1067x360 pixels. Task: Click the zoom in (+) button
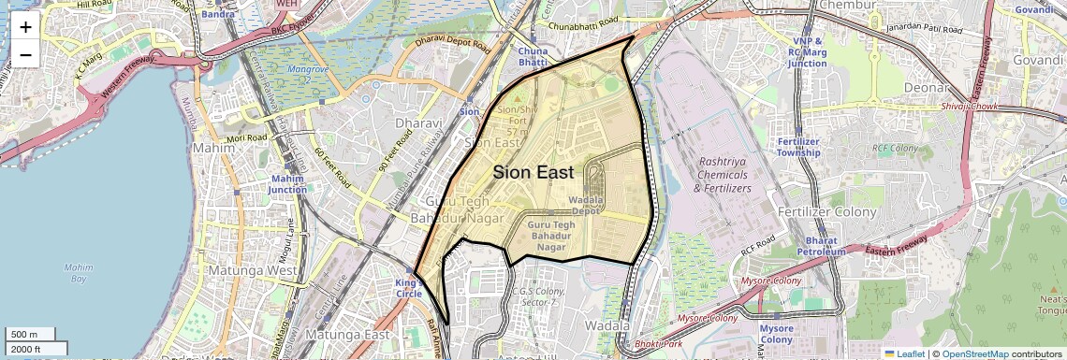(25, 27)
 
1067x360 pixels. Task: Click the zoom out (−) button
(25, 55)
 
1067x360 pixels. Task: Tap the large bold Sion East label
(533, 172)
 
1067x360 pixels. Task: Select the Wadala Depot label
(585, 205)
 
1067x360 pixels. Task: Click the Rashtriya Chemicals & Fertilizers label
(723, 175)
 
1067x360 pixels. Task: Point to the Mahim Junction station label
(288, 183)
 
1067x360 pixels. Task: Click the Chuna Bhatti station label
(533, 55)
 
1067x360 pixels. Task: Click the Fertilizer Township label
(797, 147)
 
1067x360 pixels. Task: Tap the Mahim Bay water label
(79, 273)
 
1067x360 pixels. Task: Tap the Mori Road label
(247, 137)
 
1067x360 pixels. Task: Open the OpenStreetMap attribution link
(975, 353)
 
